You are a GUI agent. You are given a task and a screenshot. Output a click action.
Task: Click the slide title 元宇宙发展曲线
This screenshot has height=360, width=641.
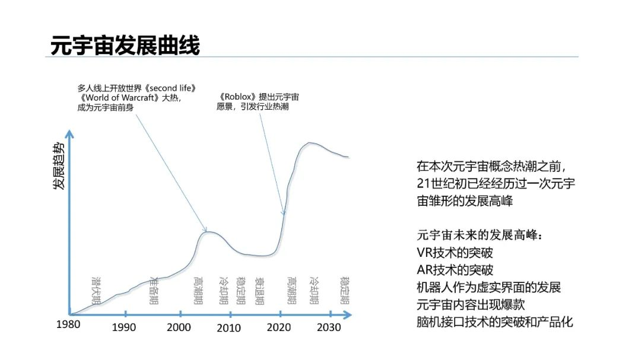125,45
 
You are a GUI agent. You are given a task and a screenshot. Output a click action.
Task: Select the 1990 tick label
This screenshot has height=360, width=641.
124,327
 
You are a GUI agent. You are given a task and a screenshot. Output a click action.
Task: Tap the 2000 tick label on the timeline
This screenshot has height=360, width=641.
179,327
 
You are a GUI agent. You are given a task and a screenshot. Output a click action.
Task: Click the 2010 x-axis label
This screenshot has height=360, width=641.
229,327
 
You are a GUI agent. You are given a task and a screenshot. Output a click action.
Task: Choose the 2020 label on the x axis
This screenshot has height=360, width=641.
278,327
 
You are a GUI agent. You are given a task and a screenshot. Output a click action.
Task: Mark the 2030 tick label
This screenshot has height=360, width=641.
328,327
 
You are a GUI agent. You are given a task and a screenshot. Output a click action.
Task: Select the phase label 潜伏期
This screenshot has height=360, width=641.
96,290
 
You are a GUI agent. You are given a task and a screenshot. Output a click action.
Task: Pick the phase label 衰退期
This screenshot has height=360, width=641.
259,290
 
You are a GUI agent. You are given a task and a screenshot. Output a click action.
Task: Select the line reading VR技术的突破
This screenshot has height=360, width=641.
455,253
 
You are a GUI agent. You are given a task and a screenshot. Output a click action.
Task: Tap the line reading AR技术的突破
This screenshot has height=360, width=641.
455,270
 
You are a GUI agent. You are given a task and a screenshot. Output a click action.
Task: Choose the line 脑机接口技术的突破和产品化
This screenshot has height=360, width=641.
495,322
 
